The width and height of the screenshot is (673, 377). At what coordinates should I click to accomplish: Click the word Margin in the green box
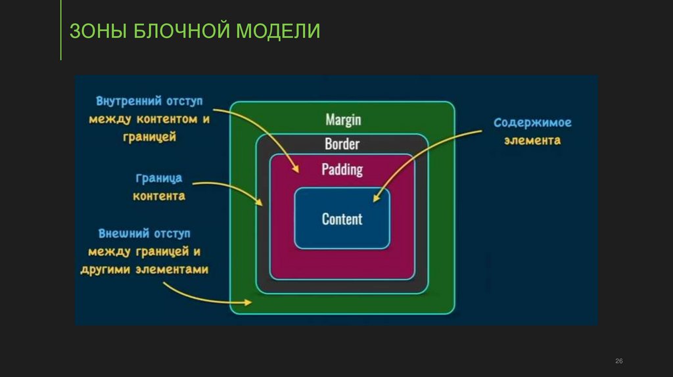point(342,120)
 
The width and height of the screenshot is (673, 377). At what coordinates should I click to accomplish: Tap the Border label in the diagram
point(342,144)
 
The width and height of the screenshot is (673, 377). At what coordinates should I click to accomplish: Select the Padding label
point(342,169)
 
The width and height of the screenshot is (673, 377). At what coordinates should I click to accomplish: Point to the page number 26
point(618,362)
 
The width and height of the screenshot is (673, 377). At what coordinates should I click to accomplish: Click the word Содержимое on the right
point(532,123)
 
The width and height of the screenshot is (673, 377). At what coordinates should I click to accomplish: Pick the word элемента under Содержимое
point(532,140)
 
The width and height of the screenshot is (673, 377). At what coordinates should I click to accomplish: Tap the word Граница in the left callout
point(158,178)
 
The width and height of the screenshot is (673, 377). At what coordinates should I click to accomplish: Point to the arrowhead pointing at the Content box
point(376,198)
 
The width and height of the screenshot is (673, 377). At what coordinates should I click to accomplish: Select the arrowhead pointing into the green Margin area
point(248,303)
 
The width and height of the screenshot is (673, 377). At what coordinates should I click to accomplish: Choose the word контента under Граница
point(158,196)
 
